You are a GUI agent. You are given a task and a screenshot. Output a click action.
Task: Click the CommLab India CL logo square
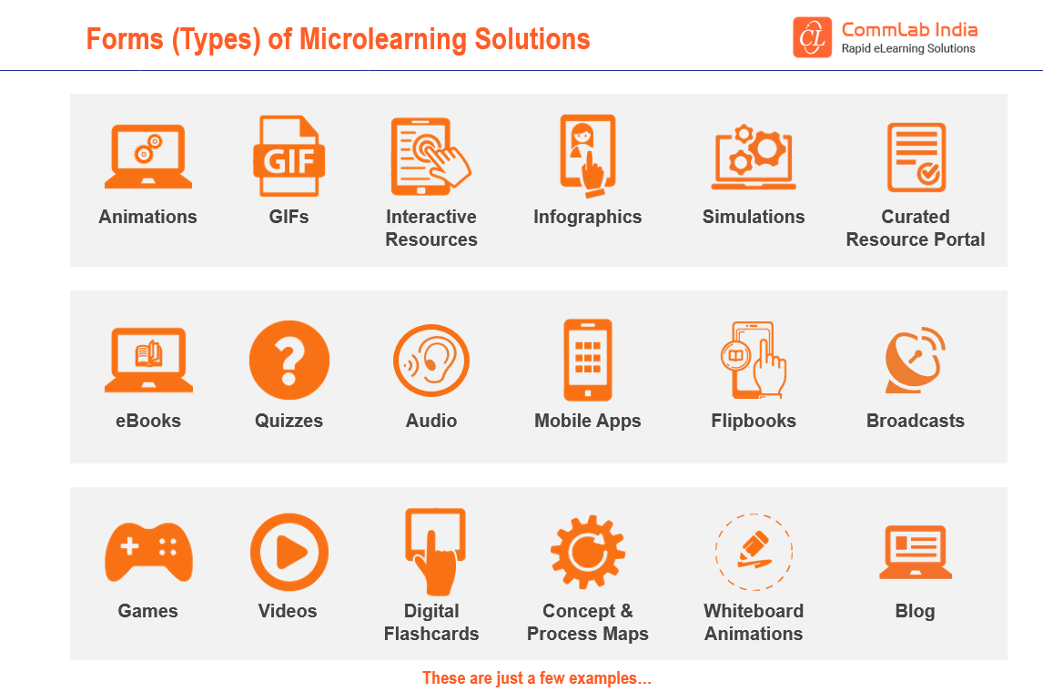(x=812, y=37)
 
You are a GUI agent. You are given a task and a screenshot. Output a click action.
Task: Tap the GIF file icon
(x=289, y=156)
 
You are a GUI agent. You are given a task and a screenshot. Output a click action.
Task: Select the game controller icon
(x=148, y=552)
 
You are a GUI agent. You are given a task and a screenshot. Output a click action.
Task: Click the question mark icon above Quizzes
(x=289, y=361)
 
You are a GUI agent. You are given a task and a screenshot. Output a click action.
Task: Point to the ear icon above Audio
(x=431, y=361)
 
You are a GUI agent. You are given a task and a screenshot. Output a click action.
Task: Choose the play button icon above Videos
(x=289, y=552)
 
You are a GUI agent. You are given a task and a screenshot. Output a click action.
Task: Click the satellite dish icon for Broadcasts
(x=915, y=361)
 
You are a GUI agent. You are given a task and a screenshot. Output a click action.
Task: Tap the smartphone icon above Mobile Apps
(x=588, y=361)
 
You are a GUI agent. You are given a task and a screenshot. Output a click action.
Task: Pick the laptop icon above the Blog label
(x=915, y=552)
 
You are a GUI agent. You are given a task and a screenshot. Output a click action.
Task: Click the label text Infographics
(x=588, y=217)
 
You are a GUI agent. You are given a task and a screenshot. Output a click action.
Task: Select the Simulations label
(x=754, y=217)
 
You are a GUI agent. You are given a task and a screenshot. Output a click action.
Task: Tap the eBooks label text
(x=148, y=421)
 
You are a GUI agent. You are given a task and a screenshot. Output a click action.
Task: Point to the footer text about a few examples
(x=537, y=678)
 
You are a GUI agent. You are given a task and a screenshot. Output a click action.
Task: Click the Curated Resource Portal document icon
(x=916, y=158)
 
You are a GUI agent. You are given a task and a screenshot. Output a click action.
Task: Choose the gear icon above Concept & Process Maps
(x=588, y=552)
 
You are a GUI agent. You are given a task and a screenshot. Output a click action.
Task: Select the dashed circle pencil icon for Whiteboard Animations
(x=754, y=552)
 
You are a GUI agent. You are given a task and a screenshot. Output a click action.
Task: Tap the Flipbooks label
(x=754, y=421)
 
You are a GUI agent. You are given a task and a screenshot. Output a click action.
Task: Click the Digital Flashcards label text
(x=431, y=622)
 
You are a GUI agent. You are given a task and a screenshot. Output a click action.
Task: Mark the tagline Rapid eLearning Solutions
(x=908, y=48)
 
